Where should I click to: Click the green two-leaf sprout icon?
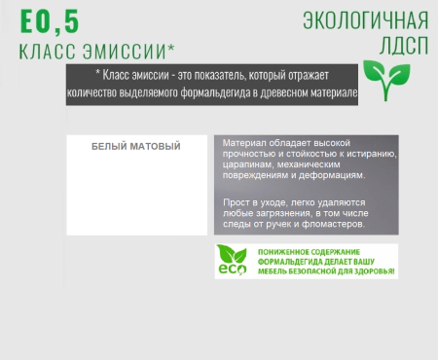click(x=381, y=75)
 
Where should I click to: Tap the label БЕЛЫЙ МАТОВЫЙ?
click(x=136, y=147)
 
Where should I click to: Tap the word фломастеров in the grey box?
click(x=331, y=224)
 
